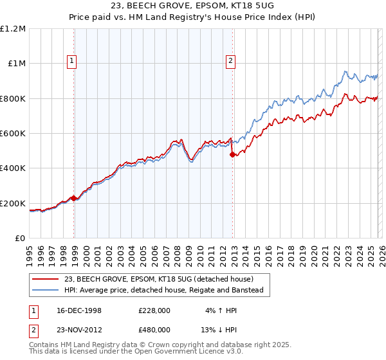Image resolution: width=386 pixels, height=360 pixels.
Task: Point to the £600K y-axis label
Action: (13, 134)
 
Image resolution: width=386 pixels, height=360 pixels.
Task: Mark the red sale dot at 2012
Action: (233, 154)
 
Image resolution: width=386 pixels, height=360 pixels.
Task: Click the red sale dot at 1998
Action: (74, 198)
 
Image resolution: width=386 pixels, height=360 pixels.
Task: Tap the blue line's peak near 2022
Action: (345, 71)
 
